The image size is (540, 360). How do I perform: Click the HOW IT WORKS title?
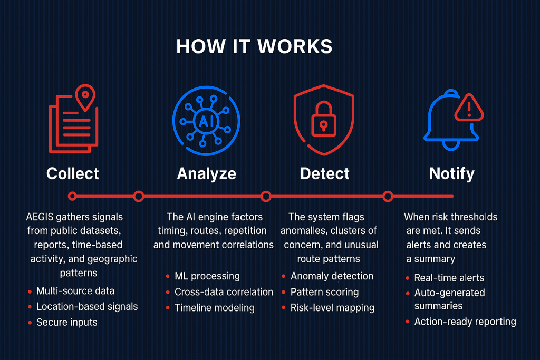pos(254,46)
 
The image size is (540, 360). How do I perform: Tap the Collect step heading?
pos(73,173)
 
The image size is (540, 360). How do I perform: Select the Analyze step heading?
pos(206,173)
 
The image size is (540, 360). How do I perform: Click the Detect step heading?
pos(325,173)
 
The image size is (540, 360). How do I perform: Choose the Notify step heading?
pos(451,173)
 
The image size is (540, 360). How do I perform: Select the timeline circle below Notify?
pos(388,197)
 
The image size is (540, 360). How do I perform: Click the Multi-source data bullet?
pos(75,291)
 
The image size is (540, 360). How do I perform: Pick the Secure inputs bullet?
pos(66,322)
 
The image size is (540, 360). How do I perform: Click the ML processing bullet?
pos(207,276)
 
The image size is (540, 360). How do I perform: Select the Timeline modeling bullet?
pos(214,307)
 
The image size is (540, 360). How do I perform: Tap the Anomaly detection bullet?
pos(332,276)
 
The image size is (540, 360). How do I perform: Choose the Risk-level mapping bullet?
pos(332,307)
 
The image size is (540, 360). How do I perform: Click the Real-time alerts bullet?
pos(449,278)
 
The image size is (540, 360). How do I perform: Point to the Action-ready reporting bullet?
pos(465,322)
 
